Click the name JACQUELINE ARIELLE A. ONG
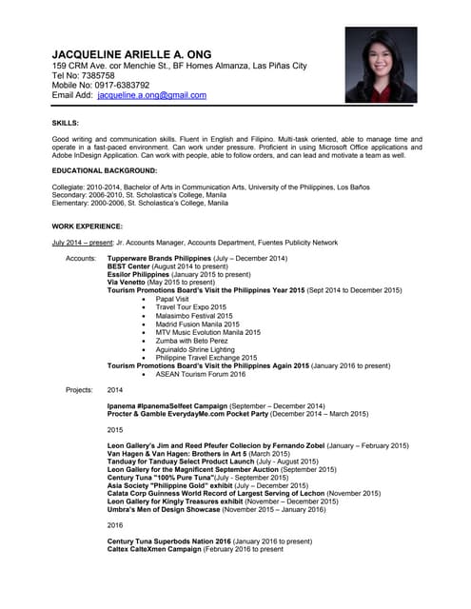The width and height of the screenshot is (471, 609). click(131, 53)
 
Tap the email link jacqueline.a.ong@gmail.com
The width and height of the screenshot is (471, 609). click(152, 95)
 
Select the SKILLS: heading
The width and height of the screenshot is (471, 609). click(66, 123)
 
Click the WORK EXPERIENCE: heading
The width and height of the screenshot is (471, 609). click(87, 226)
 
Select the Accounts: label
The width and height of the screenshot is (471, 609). click(80, 259)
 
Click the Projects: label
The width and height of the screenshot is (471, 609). click(79, 390)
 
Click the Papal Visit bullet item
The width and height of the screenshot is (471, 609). click(172, 299)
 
